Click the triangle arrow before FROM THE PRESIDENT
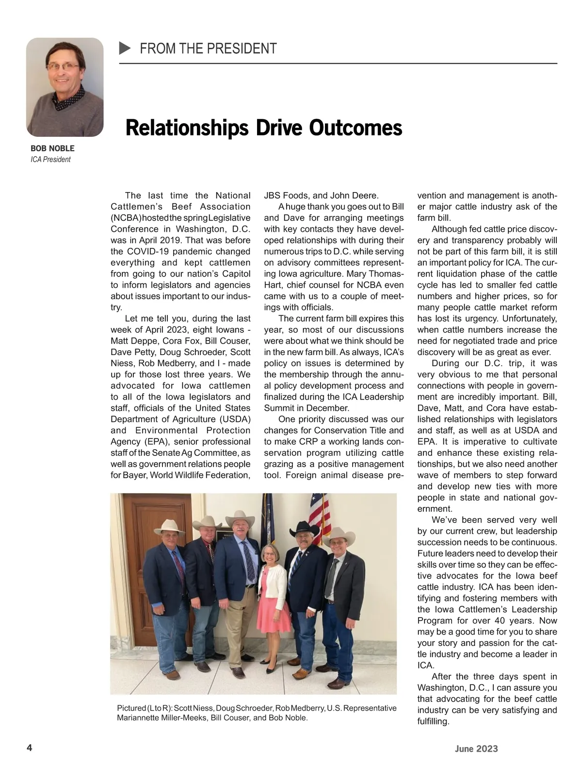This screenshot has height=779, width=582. (125, 48)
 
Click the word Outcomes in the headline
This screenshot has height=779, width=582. (356, 128)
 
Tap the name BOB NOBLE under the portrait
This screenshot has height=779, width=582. (52, 148)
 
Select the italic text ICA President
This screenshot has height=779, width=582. (50, 160)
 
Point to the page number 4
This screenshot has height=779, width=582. (29, 748)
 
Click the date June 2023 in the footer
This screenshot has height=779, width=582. (476, 748)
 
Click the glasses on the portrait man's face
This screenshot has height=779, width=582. (64, 67)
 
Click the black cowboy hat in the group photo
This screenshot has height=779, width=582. (304, 528)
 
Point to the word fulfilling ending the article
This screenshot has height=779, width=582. (433, 721)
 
